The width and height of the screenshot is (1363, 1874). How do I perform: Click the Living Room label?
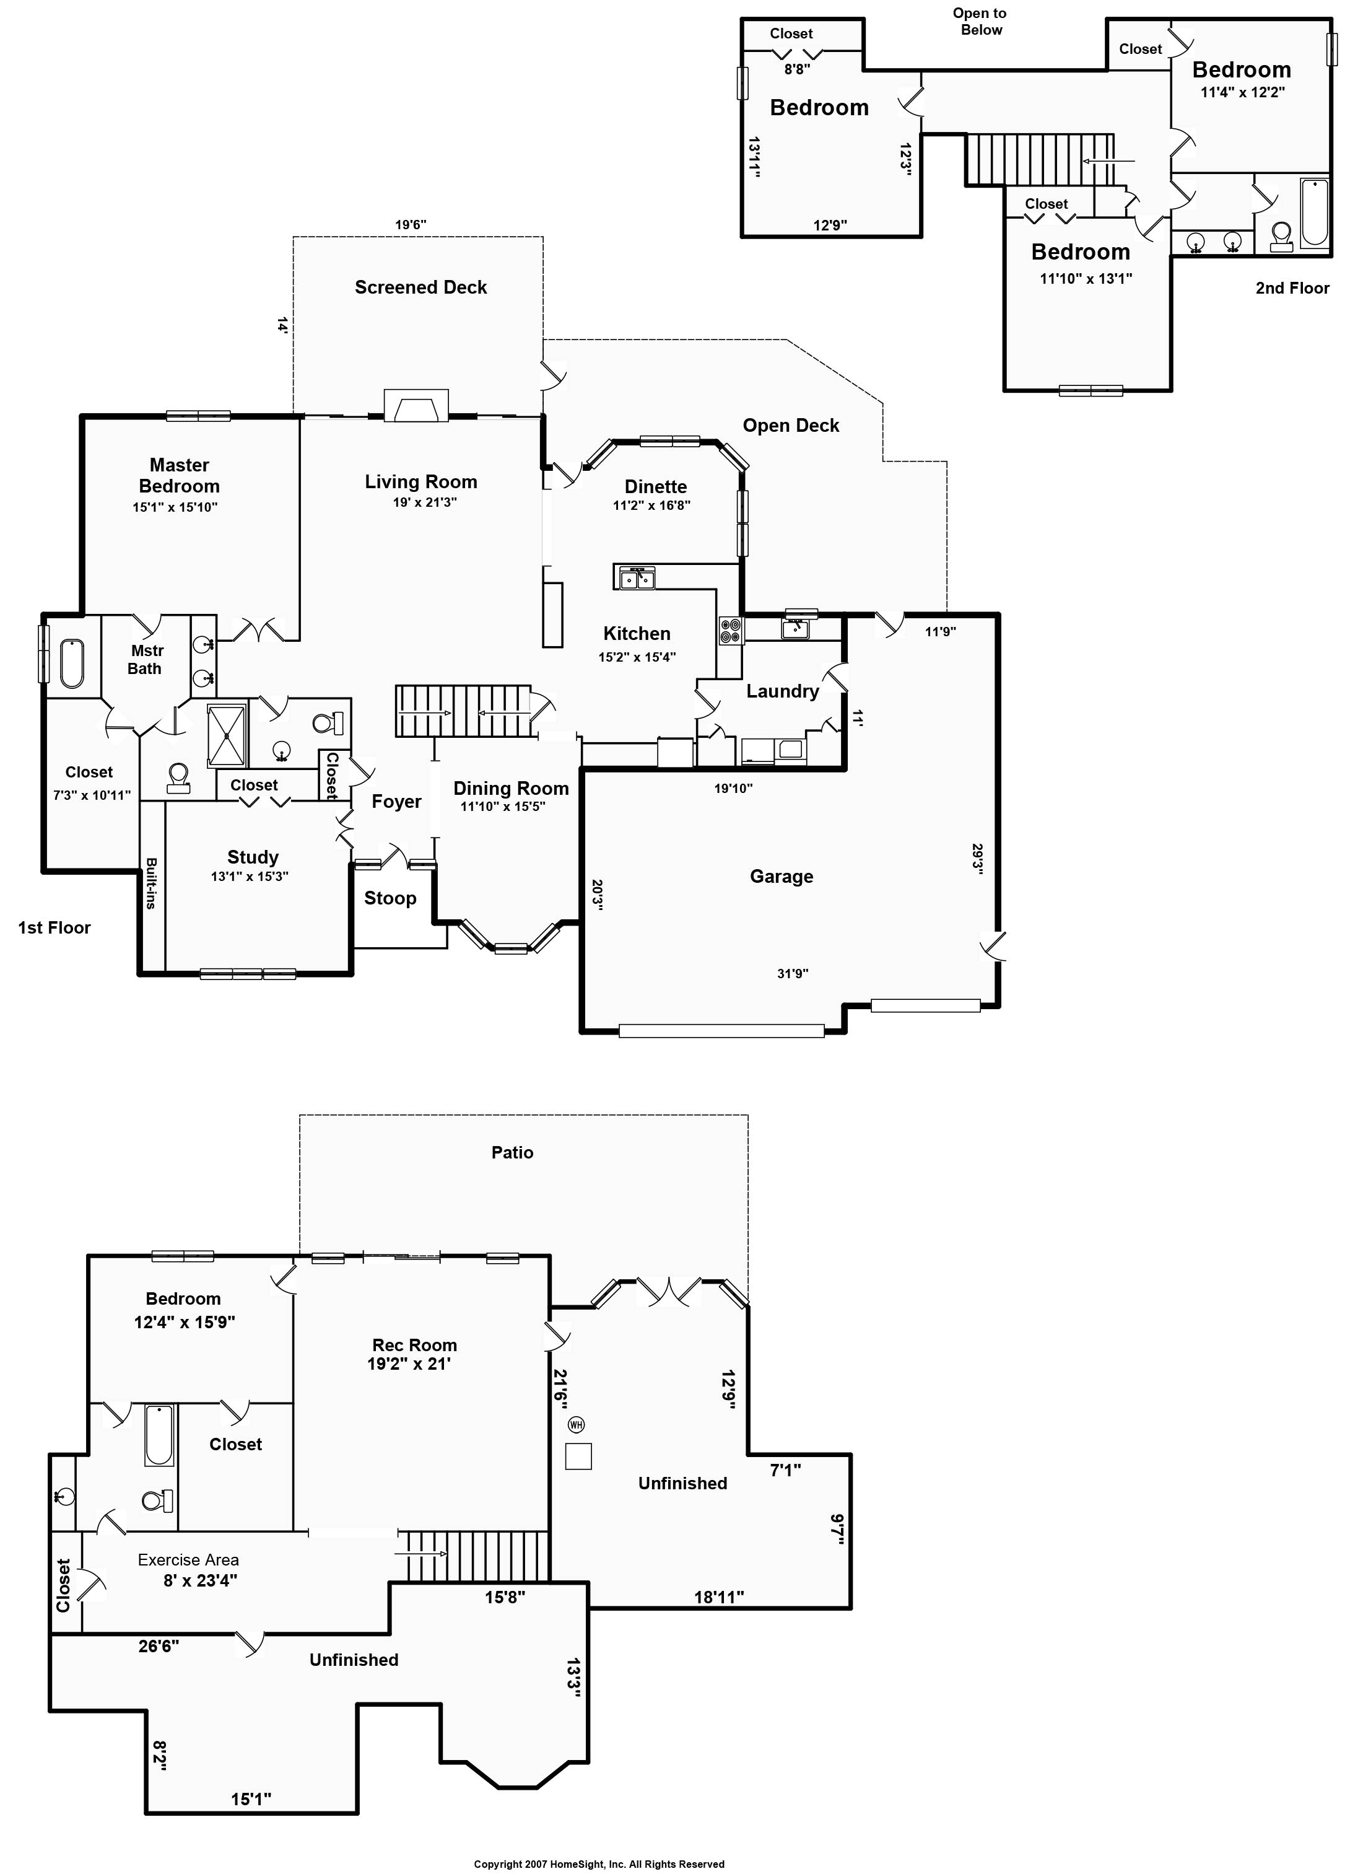click(420, 482)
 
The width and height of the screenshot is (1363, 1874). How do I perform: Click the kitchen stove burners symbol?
click(730, 631)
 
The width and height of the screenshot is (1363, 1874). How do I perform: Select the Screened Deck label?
click(420, 287)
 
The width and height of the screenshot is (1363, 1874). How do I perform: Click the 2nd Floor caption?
click(1292, 288)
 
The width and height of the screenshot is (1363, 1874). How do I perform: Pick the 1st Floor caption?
click(54, 928)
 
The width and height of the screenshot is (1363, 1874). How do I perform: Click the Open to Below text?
click(980, 22)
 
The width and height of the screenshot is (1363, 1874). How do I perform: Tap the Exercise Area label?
click(188, 1560)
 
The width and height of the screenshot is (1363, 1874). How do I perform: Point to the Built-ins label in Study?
click(151, 883)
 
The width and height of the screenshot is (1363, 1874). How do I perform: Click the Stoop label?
click(390, 898)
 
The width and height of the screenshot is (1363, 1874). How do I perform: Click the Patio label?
click(512, 1153)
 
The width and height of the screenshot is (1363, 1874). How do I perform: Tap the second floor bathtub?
click(1314, 212)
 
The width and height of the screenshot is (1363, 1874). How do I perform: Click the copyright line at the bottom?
click(599, 1864)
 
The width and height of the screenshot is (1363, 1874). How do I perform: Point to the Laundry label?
click(782, 691)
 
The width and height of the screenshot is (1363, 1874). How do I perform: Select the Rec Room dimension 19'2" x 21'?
click(409, 1364)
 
